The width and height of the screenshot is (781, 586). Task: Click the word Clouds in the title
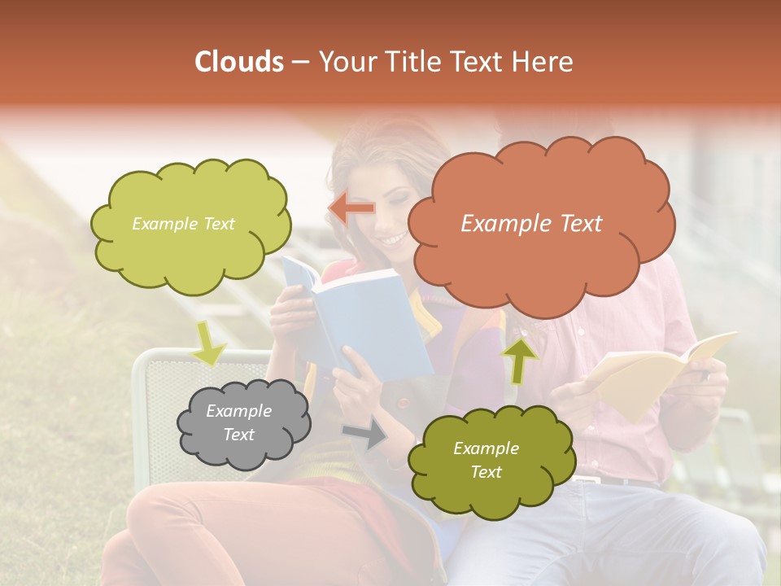coord(238,62)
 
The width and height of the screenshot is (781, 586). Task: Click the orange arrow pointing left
coord(351,208)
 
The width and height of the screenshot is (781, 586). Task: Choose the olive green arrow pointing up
coord(519,359)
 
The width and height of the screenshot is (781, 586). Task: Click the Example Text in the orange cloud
coord(531,224)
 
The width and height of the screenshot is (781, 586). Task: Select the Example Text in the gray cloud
coord(238,423)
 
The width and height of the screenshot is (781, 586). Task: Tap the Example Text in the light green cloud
coord(183,224)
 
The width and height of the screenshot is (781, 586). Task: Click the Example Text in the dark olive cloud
coord(486,461)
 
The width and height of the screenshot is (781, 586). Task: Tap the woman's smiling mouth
coord(394,238)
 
